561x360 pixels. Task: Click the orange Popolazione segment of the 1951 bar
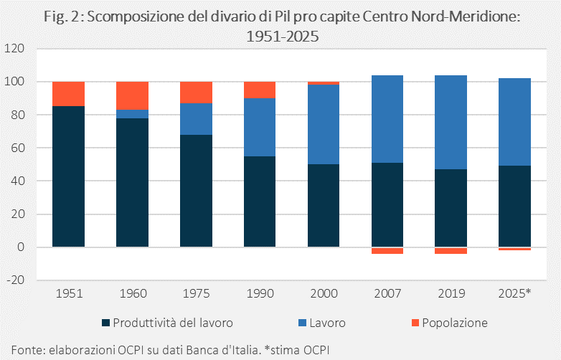point(68,94)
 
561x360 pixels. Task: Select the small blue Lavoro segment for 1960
point(133,114)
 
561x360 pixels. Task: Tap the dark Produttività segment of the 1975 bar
point(196,191)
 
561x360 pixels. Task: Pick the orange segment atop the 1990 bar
point(260,90)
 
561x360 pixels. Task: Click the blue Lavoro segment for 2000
point(324,124)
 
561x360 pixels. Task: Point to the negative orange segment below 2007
point(387,250)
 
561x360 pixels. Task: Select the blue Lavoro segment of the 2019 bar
point(451,122)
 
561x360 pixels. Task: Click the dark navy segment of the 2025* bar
point(514,207)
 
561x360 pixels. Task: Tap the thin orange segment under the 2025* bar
point(514,249)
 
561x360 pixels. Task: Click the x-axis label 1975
point(196,293)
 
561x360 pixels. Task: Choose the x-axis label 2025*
point(514,293)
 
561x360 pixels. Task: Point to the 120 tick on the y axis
point(14,48)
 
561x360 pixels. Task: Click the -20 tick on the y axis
point(15,280)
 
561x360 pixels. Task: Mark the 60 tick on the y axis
point(17,148)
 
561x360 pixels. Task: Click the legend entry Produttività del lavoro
point(167,323)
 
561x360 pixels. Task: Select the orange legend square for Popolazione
point(415,323)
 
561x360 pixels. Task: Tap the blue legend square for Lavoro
point(302,323)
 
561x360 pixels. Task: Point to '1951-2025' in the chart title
point(282,36)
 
